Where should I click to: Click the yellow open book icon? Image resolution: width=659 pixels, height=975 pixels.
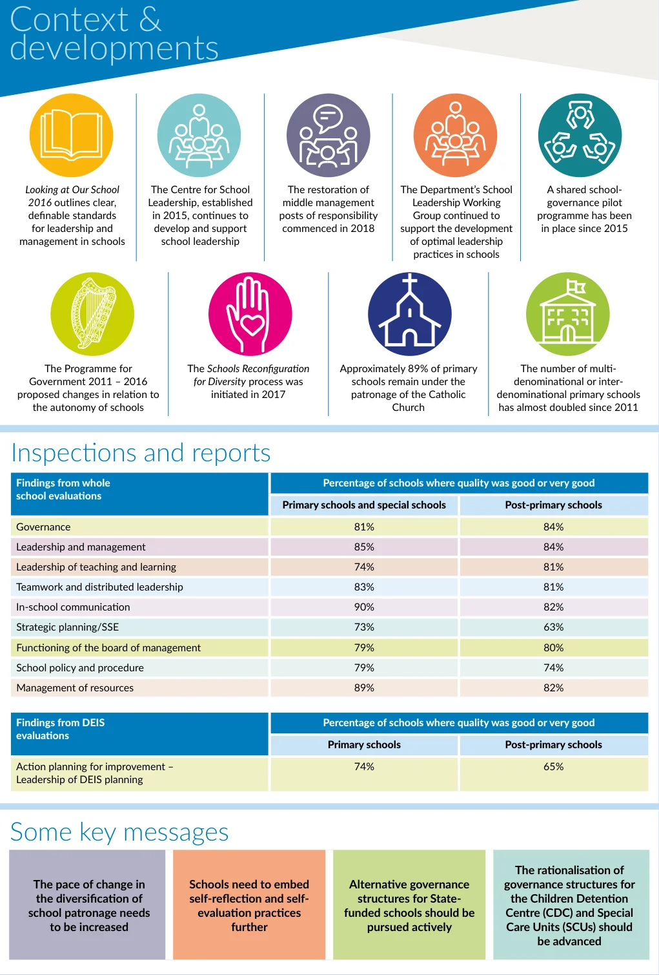pos(71,136)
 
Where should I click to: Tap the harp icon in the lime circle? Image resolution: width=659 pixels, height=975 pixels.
pos(92,314)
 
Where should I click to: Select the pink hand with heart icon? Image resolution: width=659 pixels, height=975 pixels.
pos(250,314)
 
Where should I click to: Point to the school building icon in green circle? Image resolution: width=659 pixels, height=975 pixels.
pos(568,314)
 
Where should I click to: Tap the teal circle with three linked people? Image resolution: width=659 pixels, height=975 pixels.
pos(580,136)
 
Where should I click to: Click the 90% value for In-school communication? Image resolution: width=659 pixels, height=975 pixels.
pos(364,607)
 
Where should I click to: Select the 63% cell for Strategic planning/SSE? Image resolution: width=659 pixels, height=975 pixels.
pos(553,627)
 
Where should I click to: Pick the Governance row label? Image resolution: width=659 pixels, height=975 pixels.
pos(43,527)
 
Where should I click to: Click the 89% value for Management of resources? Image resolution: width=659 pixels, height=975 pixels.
pos(364,687)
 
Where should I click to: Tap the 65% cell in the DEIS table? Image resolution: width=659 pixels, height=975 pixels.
pos(553,766)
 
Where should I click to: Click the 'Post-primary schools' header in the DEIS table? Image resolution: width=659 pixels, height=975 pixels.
pos(553,745)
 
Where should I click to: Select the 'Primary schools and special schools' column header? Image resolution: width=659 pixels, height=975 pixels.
pos(364,505)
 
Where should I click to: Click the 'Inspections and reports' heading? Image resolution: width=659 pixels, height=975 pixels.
pos(141,453)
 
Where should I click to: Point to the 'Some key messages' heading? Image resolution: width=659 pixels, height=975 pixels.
pos(119,832)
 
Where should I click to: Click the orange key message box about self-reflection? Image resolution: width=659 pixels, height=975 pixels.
pos(249,905)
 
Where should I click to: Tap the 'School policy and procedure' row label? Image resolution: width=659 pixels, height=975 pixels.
pos(80,667)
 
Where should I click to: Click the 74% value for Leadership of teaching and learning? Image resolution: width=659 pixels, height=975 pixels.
pos(364,567)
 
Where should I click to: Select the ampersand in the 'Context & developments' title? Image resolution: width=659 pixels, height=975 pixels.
pos(150,19)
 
